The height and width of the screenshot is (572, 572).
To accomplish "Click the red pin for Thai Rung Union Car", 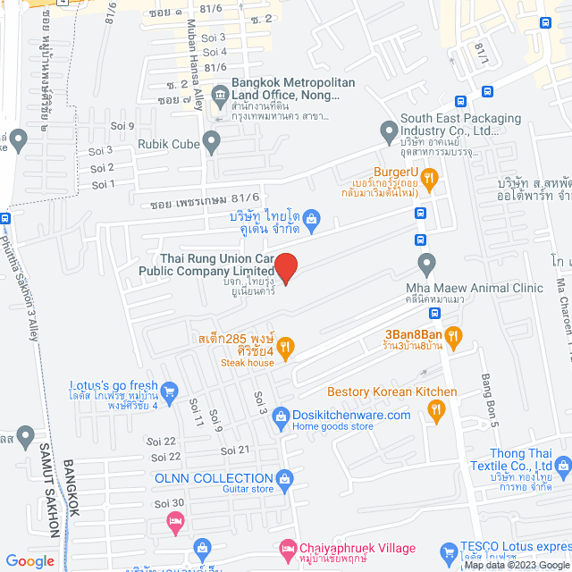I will (285, 266).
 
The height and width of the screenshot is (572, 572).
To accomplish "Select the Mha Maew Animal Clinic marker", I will (427, 265).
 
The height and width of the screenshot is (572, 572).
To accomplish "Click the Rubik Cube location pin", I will (211, 140).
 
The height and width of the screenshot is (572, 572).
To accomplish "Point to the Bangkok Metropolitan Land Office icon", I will (220, 92).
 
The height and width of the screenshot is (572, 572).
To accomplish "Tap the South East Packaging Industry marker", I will (388, 131).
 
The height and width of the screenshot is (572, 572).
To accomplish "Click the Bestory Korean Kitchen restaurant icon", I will (436, 411).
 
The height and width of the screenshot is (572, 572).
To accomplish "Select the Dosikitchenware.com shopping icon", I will (281, 416).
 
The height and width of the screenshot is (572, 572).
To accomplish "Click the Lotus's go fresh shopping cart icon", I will (171, 390).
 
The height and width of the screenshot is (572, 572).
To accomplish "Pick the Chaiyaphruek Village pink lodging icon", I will (286, 547).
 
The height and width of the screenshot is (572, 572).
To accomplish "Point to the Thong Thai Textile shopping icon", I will (561, 465).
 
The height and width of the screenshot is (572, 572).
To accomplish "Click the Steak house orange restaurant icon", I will (285, 348).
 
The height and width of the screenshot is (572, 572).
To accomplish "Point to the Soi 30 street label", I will (168, 503).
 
